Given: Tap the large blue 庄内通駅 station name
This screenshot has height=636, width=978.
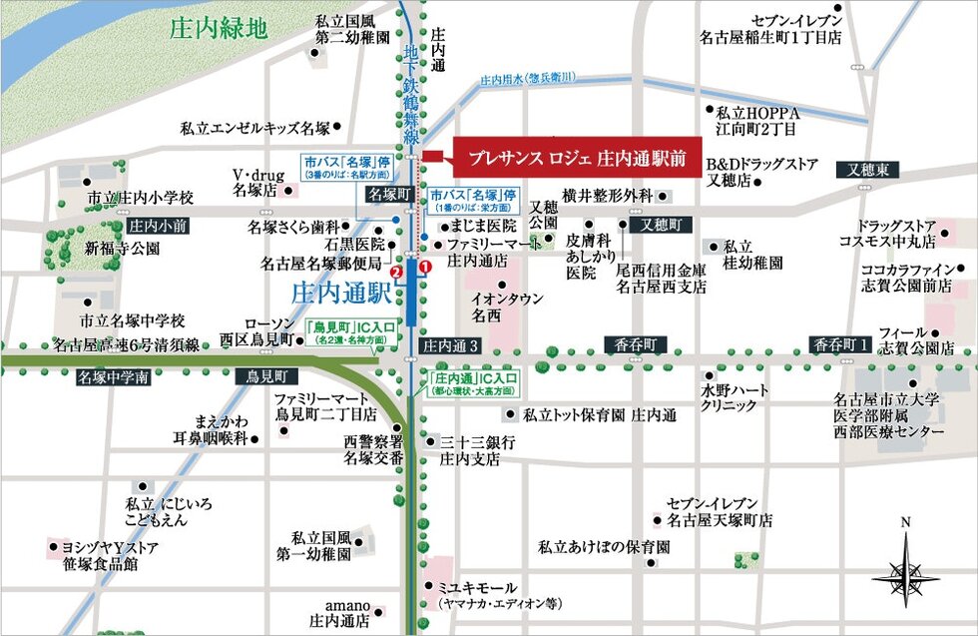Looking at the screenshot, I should (340, 294).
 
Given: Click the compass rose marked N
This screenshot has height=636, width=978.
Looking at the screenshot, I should (905, 570).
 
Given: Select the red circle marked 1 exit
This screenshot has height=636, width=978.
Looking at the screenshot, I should (425, 268).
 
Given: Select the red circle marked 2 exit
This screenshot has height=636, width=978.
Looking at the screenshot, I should (396, 271).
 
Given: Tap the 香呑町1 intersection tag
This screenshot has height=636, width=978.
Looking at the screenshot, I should (840, 343).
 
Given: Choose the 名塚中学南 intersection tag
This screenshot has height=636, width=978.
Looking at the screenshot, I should (112, 377).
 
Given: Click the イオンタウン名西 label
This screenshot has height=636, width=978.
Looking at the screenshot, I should (508, 307).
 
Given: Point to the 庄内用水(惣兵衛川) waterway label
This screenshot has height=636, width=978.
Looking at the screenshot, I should (528, 78).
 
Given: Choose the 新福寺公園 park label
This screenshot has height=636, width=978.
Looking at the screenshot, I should (122, 248).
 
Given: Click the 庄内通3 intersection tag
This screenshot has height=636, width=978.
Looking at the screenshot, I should (451, 345).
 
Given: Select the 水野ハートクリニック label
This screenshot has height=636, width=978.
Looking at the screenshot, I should (735, 397).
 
